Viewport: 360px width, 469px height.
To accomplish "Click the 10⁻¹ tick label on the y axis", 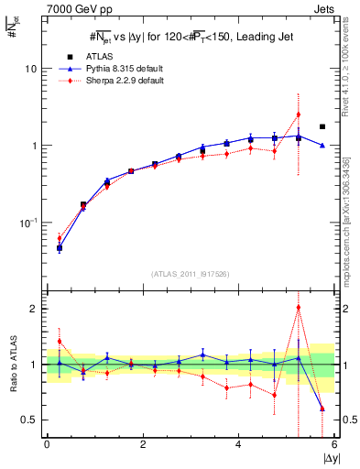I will coord(28,223).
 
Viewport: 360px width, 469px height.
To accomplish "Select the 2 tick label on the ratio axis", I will coord(32,309).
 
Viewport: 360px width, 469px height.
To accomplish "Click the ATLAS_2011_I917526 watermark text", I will coord(190,273).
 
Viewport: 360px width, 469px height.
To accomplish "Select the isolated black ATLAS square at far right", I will coord(322,126).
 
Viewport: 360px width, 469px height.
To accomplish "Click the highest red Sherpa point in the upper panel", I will coord(299,115).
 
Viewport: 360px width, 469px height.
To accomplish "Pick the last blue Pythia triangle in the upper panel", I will coord(322,146).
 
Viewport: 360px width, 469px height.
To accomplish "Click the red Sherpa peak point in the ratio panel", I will coord(299,308).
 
